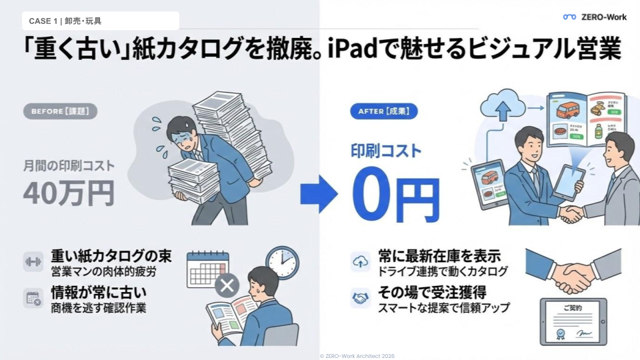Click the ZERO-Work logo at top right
pyautogui.click(x=595, y=17)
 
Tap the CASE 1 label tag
pyautogui.click(x=65, y=21)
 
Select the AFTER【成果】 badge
pyautogui.click(x=384, y=111)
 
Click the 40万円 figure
pyautogui.click(x=69, y=193)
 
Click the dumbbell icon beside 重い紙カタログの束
pyautogui.click(x=33, y=261)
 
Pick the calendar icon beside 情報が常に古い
pyautogui.click(x=33, y=298)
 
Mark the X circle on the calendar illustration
pyautogui.click(x=227, y=287)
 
